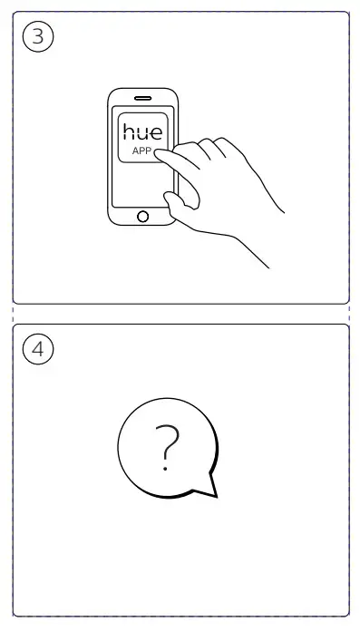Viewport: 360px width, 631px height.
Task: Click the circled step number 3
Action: pos(38,36)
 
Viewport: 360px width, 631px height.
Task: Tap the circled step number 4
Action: pos(38,349)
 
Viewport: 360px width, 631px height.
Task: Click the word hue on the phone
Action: pos(143,131)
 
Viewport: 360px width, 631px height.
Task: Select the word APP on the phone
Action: pos(141,150)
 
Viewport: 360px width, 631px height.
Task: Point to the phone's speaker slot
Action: pos(142,98)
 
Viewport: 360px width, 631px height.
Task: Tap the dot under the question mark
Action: pos(165,469)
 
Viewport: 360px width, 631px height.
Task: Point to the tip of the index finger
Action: pos(157,153)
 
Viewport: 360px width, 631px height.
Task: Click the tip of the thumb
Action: pos(167,197)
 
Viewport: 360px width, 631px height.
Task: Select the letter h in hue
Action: pos(129,131)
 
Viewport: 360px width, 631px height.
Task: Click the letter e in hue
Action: pos(157,133)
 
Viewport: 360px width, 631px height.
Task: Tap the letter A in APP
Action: pos(135,150)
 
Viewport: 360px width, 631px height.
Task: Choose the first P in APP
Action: pos(142,150)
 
